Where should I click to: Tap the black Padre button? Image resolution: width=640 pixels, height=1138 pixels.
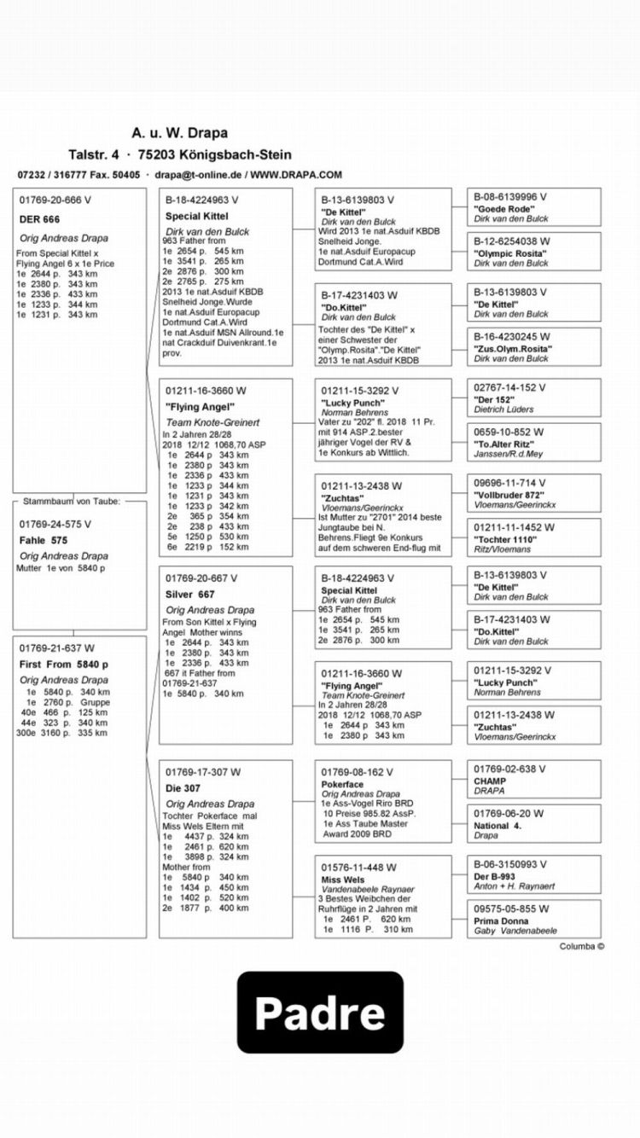pyautogui.click(x=319, y=1012)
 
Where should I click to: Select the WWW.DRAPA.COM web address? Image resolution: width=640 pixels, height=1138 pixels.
pyautogui.click(x=296, y=174)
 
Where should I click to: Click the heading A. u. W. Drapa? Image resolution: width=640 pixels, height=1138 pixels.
pyautogui.click(x=179, y=133)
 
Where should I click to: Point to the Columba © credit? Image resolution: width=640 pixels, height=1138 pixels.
pyautogui.click(x=582, y=945)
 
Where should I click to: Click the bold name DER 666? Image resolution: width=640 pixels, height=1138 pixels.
pyautogui.click(x=39, y=219)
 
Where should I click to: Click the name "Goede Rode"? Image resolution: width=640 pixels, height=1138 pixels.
pyautogui.click(x=504, y=208)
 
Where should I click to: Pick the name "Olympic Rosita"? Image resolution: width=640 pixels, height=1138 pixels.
pyautogui.click(x=510, y=253)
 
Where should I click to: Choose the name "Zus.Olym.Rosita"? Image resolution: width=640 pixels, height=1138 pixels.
pyautogui.click(x=513, y=349)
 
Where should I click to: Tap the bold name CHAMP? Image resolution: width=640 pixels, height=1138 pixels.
pyautogui.click(x=490, y=781)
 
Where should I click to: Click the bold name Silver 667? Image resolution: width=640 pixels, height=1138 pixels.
pyautogui.click(x=190, y=594)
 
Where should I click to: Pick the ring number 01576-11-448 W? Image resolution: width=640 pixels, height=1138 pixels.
pyautogui.click(x=359, y=868)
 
